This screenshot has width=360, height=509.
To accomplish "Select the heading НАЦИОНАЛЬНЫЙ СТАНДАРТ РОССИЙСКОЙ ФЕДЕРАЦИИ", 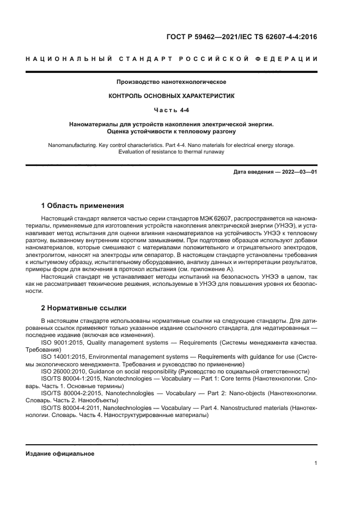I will click(172, 59).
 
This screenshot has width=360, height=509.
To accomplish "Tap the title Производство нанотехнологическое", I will click(172, 82).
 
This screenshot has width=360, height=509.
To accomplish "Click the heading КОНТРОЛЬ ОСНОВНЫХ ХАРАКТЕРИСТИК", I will click(172, 95).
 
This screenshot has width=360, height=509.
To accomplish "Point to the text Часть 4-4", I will click(172, 109).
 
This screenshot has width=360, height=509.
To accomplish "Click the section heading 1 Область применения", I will click(83, 206).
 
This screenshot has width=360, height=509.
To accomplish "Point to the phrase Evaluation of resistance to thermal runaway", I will click(172, 152).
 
